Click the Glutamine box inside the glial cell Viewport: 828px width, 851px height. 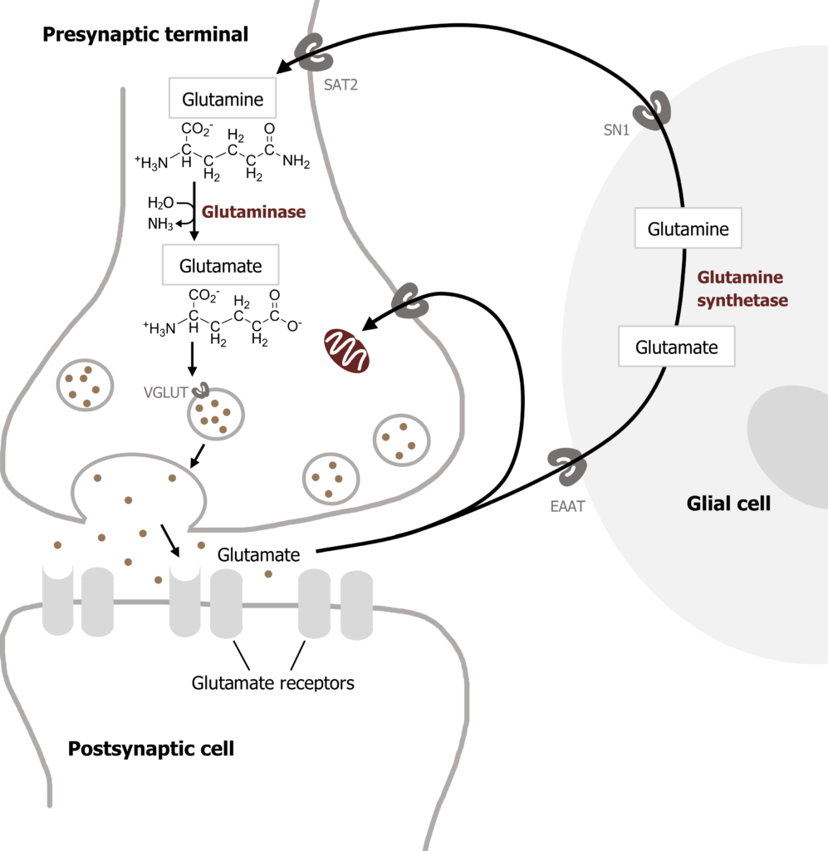[688, 229]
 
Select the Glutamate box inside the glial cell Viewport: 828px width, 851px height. [676, 347]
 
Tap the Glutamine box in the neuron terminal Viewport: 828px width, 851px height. [223, 100]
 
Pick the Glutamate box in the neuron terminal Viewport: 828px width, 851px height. [220, 266]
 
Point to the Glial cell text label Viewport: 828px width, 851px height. [728, 503]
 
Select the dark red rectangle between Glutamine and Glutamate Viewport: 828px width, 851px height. [260, 224]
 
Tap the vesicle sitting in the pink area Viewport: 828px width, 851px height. [85, 384]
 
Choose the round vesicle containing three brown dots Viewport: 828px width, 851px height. [402, 440]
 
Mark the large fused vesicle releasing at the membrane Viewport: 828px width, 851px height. [139, 499]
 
